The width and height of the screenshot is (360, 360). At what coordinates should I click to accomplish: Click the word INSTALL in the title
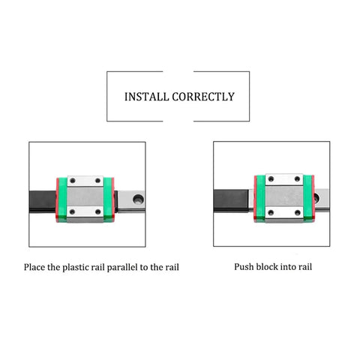coord(146,97)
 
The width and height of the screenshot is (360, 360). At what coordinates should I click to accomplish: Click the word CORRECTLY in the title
coord(203,97)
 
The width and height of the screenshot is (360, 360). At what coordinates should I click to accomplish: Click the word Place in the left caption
coord(34,267)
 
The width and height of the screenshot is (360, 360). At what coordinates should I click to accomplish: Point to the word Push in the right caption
coord(244,267)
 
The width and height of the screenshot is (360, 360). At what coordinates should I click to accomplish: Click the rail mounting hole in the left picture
coord(138,199)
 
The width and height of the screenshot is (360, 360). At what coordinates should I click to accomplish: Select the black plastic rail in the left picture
coord(43,202)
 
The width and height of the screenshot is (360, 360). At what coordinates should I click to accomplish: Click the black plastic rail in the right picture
coord(232,200)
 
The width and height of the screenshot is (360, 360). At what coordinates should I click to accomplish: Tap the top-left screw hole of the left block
coord(73,181)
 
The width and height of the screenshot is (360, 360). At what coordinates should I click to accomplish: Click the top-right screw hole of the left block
coord(98,181)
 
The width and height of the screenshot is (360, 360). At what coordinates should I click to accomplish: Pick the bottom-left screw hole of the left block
coord(73,212)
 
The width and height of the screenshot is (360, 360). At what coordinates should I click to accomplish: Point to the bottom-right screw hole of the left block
coord(98,212)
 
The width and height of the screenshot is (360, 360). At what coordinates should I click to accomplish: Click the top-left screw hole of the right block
coord(271,179)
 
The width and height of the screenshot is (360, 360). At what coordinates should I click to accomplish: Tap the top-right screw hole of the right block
coord(297,179)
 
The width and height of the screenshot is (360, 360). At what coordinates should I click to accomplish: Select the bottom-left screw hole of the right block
coord(271,213)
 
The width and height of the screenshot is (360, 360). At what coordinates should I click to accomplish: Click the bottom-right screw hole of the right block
coord(298,213)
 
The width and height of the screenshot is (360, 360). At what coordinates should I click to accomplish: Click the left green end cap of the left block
coord(62,199)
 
